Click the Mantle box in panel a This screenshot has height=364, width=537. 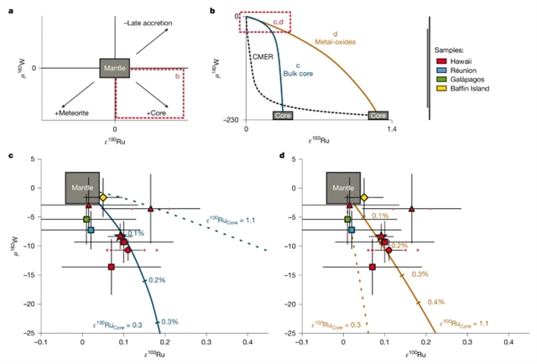(114, 68)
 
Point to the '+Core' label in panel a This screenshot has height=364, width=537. (157, 112)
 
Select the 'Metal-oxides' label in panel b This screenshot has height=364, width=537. (337, 41)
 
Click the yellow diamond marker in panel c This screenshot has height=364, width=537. (103, 197)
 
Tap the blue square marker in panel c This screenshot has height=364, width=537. (91, 230)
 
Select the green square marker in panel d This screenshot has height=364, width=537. (348, 220)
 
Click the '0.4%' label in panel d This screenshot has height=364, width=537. (435, 302)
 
